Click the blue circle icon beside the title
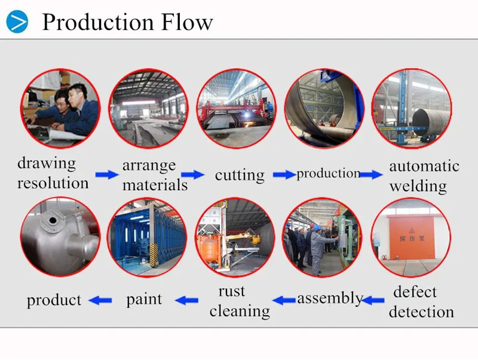[17, 22]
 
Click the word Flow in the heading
[186, 22]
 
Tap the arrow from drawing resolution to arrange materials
[107, 175]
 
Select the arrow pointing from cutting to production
[284, 175]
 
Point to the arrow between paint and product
[100, 301]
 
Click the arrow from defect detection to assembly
[373, 301]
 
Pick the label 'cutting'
[240, 175]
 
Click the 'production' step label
[329, 173]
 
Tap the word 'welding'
[418, 186]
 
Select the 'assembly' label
[330, 298]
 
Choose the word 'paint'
[144, 299]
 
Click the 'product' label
[54, 300]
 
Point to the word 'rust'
[232, 291]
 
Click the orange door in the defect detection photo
[412, 237]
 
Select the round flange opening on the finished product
[53, 220]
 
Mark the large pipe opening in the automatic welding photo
[422, 123]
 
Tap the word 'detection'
[421, 312]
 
